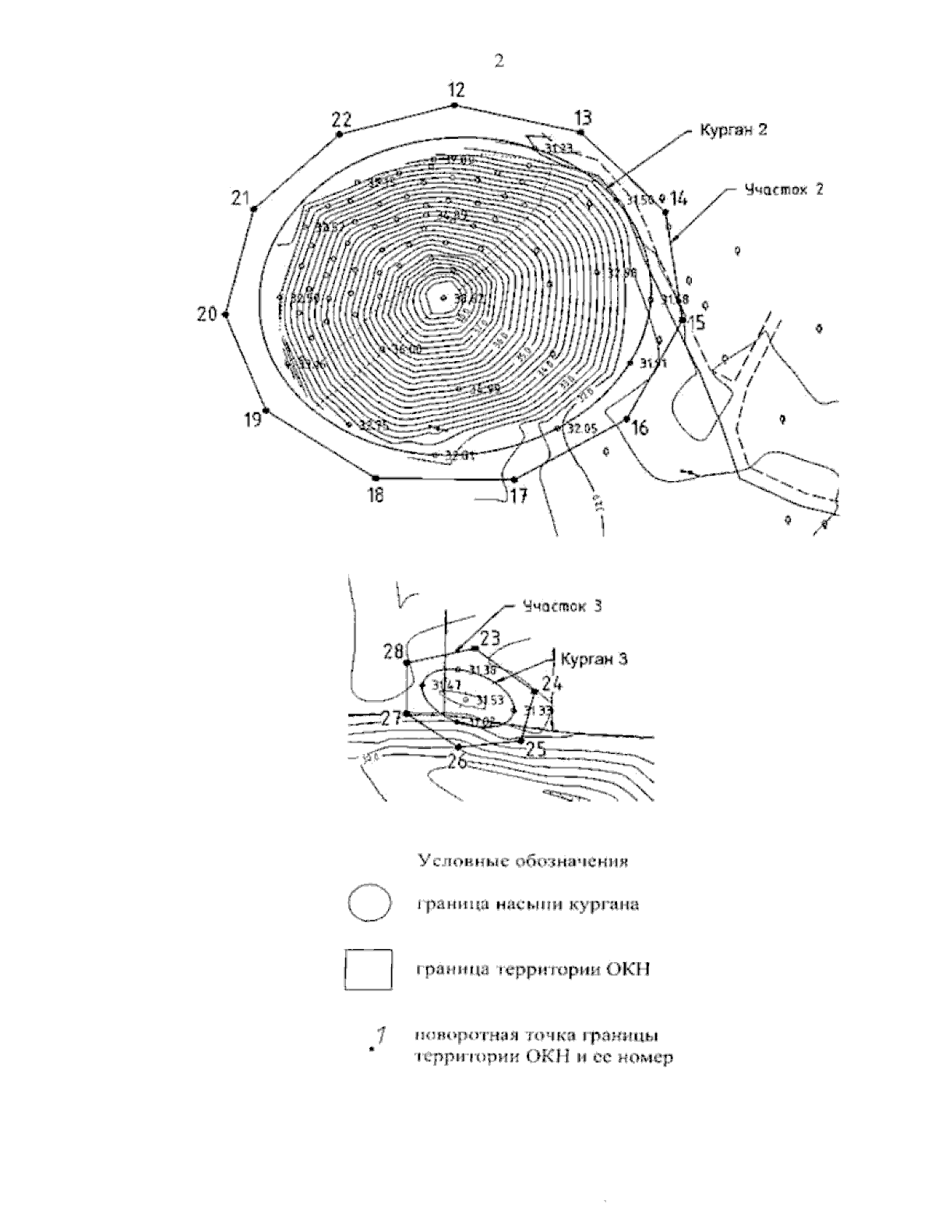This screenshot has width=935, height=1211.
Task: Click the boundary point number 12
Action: click(457, 90)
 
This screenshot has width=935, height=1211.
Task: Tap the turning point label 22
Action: click(341, 120)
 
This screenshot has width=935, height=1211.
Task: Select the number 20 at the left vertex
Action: click(206, 315)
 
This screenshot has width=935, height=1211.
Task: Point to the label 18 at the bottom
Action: click(376, 494)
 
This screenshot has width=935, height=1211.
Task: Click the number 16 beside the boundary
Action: click(640, 427)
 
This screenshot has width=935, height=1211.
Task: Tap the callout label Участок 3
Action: click(563, 605)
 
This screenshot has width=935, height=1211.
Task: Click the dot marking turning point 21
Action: click(254, 209)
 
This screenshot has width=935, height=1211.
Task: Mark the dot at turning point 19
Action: click(266, 410)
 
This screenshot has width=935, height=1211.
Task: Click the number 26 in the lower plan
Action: click(457, 760)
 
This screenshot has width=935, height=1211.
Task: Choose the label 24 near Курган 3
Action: click(552, 684)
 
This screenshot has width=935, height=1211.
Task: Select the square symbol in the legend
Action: click(369, 969)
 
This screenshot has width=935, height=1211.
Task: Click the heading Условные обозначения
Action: click(524, 862)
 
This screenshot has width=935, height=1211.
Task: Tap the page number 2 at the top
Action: click(499, 62)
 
